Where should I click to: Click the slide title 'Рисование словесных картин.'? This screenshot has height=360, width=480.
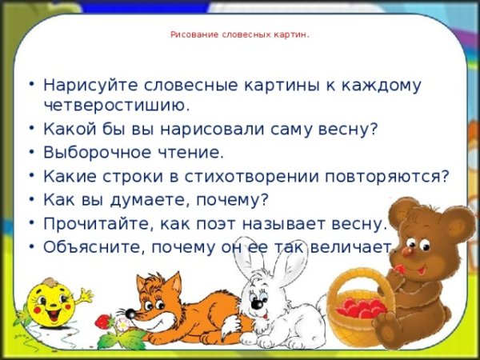coord(240,35)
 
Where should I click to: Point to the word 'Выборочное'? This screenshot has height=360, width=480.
coord(94,152)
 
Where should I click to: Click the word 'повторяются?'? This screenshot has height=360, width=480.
coord(396,175)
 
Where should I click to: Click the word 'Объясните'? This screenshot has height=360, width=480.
coord(87,246)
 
